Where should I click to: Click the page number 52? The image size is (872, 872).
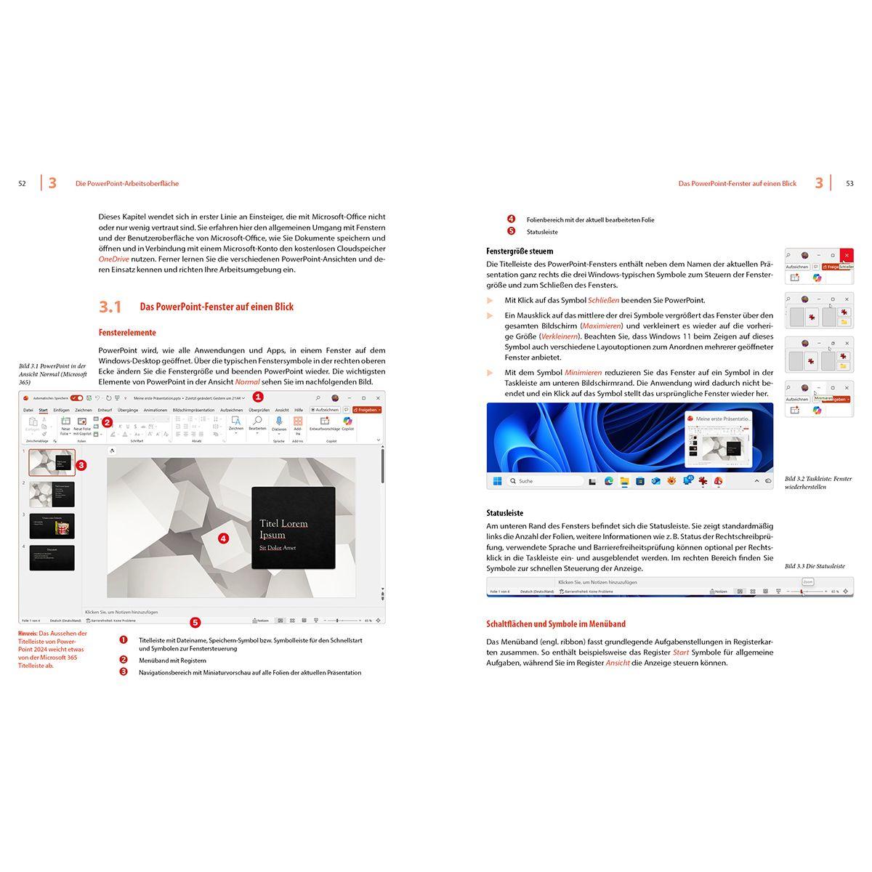point(22,184)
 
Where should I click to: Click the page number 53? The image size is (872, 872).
point(849,184)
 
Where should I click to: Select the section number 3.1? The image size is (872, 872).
point(110,307)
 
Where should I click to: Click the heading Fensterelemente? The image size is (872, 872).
point(127,333)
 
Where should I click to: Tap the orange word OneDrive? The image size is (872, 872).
point(113,259)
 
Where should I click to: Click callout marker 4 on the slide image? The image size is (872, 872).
point(223,538)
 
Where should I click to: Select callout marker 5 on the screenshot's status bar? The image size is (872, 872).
point(195,622)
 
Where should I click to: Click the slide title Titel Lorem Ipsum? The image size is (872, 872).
point(283,528)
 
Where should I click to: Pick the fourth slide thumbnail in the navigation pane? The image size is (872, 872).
point(52,558)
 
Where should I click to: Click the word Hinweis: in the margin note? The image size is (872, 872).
point(28,633)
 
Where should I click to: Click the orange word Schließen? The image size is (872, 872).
point(603,300)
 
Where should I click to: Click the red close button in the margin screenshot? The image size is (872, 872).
point(847,256)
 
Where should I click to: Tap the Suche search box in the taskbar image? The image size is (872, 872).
point(545,481)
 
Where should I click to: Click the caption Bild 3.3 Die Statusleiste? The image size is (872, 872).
point(815,566)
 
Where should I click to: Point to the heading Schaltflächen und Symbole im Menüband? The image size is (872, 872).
point(555,624)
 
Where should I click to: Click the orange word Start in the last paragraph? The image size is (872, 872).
point(680,653)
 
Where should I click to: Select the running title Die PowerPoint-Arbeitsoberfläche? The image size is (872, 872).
point(127,184)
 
